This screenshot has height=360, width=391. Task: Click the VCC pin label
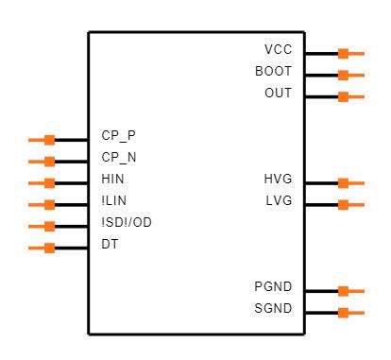pos(279,49)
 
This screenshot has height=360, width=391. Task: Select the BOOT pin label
pos(273,71)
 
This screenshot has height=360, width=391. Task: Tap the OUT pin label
pos(279,93)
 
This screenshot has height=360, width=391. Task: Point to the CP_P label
pos(119,136)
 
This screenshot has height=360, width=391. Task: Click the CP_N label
pos(119,157)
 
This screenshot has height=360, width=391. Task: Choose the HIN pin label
pos(112,179)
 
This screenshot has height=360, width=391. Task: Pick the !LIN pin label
pos(114,200)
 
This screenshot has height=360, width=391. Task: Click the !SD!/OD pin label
pos(127,222)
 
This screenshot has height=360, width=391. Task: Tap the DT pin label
pos(110,244)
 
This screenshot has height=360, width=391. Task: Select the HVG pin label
pos(278,179)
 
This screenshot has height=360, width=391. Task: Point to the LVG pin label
pos(279,200)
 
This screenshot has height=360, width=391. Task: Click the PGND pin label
pos(273,286)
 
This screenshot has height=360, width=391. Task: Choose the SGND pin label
pos(273,308)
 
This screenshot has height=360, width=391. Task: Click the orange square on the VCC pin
pos(343,54)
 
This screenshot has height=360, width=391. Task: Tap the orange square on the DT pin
pos(49,248)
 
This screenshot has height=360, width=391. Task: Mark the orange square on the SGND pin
pos(343,313)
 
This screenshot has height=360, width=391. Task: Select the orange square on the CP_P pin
pos(49,140)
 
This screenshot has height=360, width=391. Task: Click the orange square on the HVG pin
pos(343,183)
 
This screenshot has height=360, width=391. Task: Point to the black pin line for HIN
pos(71,183)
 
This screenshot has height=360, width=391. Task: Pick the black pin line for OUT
pos(321,96)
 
